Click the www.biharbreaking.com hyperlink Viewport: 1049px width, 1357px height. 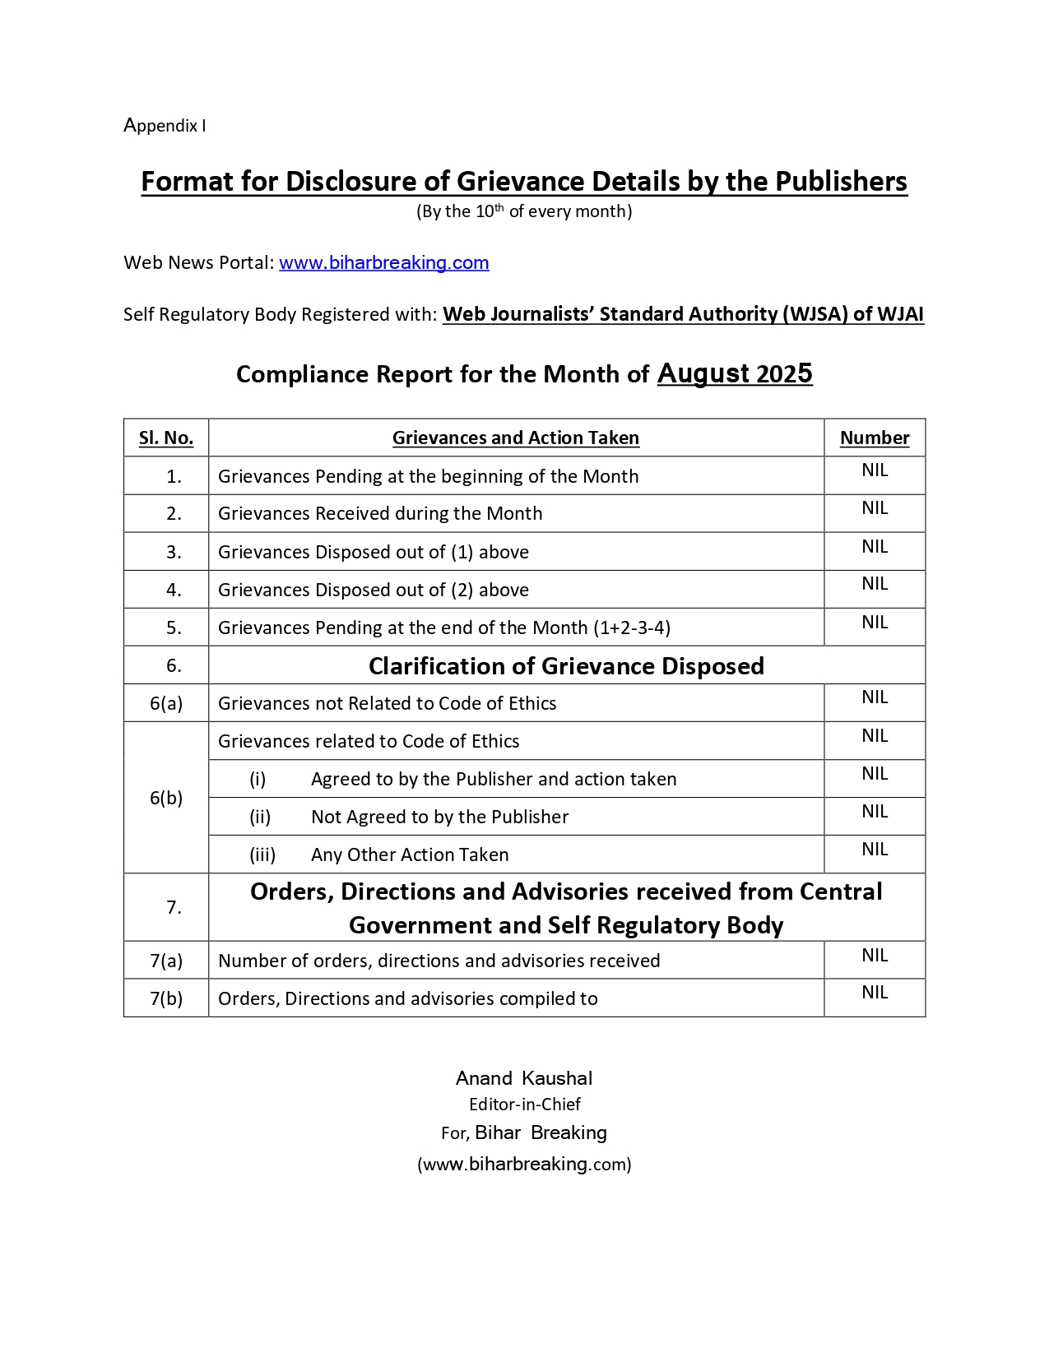pos(383,263)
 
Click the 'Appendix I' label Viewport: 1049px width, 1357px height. pos(165,126)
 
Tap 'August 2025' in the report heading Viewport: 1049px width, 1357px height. pos(735,374)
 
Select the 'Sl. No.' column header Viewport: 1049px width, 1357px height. pos(166,438)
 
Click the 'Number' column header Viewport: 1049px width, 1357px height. pos(875,438)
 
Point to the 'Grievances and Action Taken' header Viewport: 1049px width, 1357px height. pos(516,438)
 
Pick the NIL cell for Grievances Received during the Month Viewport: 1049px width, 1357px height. pos(875,508)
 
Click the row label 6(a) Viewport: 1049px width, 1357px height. pos(166,703)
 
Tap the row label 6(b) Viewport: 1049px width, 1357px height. pos(166,798)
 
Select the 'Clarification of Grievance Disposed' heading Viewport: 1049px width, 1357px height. pos(566,666)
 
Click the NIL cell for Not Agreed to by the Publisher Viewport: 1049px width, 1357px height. pos(875,812)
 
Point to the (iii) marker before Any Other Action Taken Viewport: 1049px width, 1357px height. pos(262,855)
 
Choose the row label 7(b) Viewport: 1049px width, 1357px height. pos(166,998)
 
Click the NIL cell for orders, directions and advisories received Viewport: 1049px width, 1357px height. pos(875,956)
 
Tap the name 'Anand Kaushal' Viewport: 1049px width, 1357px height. pos(524,1079)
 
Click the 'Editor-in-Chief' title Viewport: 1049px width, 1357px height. pos(525,1105)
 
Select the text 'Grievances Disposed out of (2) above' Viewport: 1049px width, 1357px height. pos(374,591)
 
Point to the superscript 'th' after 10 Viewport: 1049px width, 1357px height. pos(499,207)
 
